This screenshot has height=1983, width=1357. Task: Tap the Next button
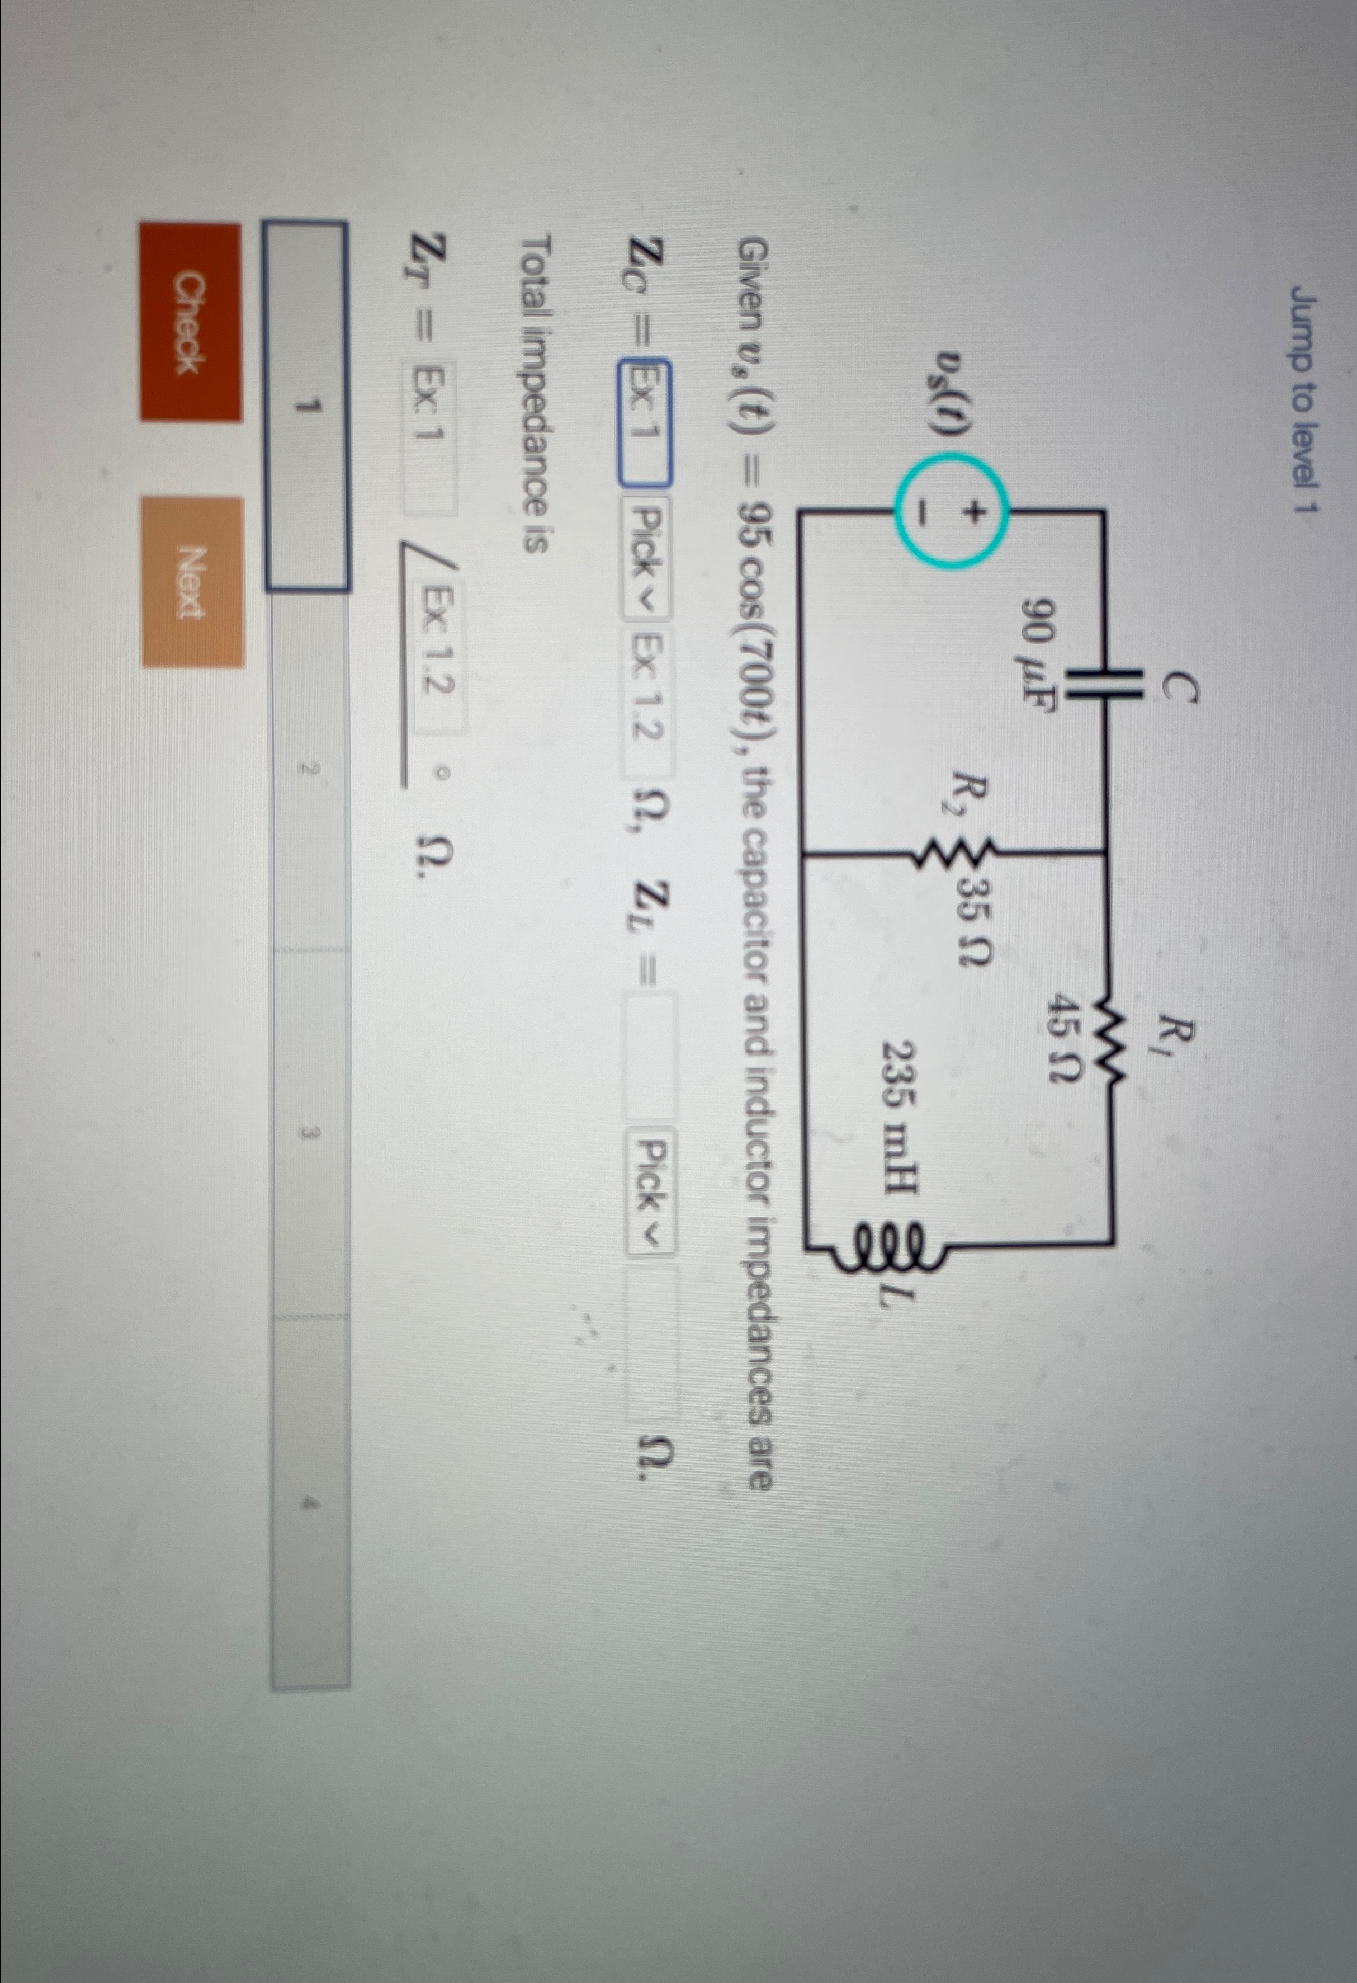pos(193,582)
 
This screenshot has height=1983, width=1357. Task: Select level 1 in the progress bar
pos(307,406)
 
